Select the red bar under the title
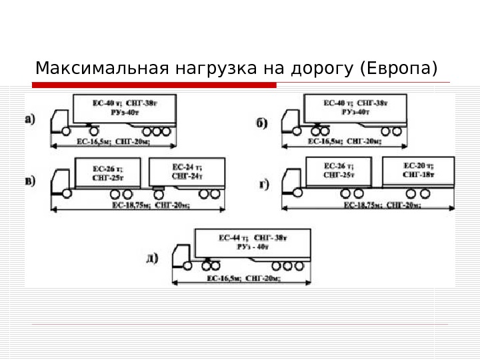pos(154,85)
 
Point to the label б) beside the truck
pos(262,123)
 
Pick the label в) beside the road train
pos(31,181)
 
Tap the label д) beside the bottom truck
pos(153,257)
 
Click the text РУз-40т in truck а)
pos(125,113)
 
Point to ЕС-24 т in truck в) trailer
pos(187,166)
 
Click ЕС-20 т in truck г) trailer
pos(419,164)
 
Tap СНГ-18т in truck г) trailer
pos(419,174)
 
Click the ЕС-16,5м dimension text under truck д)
pos(223,277)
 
